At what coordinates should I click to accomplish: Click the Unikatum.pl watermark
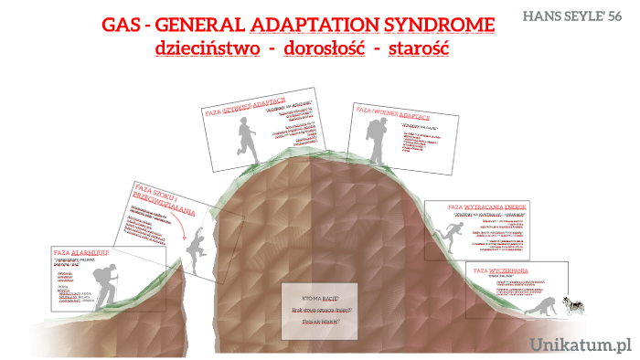click(x=582, y=345)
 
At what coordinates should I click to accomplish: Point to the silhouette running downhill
click(x=445, y=242)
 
